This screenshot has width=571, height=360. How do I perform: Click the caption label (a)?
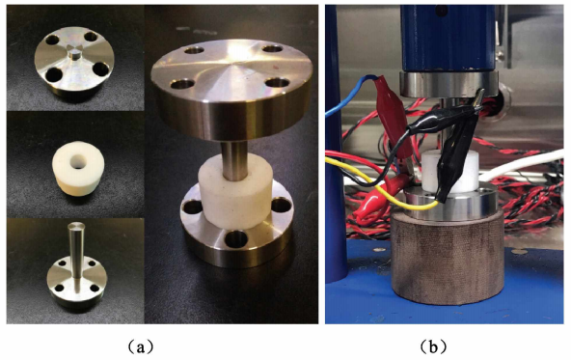tap(141, 346)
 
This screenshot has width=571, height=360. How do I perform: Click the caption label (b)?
tap(433, 346)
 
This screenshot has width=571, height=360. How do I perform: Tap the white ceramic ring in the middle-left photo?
tap(78, 171)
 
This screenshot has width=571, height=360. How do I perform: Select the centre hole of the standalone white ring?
tap(78, 161)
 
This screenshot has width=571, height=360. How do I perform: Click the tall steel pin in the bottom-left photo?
tap(76, 251)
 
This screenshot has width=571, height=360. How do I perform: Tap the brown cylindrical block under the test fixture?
tap(448, 259)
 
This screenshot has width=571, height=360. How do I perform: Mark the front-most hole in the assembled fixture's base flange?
tap(236, 239)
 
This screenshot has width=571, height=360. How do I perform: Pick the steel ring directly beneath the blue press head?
tap(449, 84)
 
